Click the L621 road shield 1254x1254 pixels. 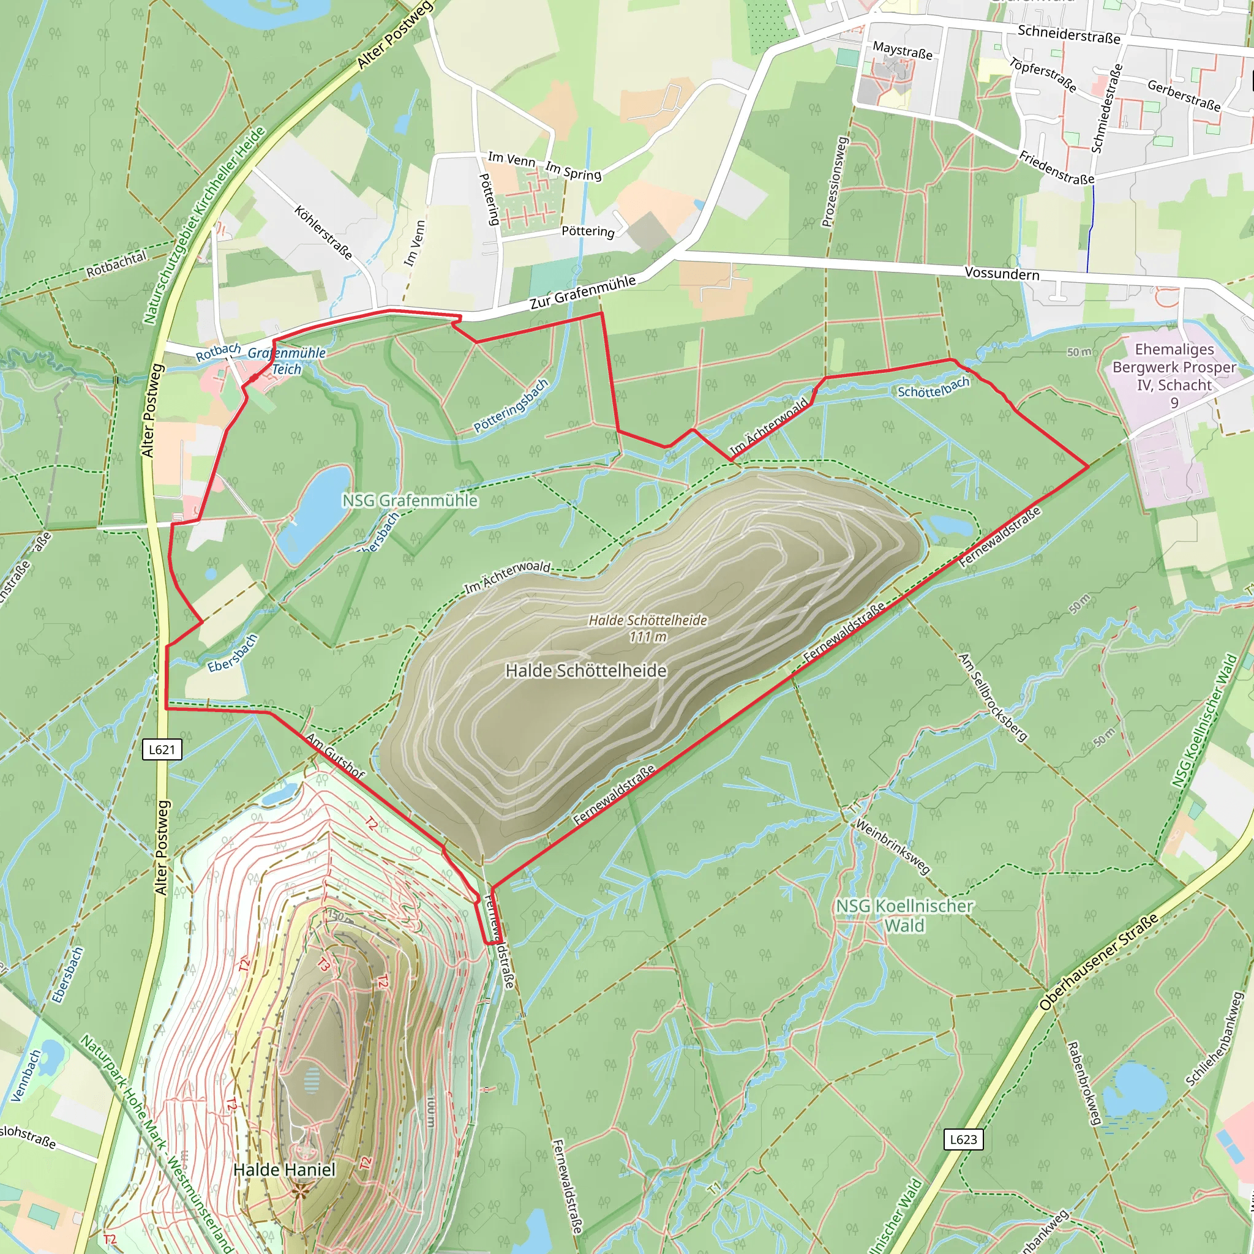(x=162, y=749)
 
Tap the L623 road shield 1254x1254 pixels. (x=963, y=1139)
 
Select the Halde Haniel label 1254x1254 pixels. (x=284, y=1170)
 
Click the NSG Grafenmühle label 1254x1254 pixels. (x=410, y=500)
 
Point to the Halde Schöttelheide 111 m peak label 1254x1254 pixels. (x=648, y=628)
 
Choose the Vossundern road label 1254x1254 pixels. (x=1002, y=273)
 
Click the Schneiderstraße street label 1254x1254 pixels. (x=1068, y=34)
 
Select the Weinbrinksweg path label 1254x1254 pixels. (x=893, y=846)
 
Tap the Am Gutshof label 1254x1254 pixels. (x=335, y=756)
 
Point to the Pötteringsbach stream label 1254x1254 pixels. (x=511, y=406)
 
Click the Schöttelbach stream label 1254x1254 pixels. (x=933, y=388)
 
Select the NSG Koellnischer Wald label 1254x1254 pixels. (x=904, y=915)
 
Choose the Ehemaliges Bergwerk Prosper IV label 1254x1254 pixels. (x=1174, y=375)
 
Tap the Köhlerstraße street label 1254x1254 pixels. (x=323, y=232)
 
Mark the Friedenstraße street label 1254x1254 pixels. (x=1056, y=167)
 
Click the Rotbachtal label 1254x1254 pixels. (x=117, y=265)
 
